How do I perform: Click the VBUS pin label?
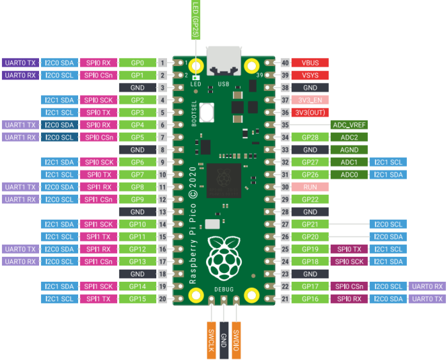310,63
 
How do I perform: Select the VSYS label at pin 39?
310,76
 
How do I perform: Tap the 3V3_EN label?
310,100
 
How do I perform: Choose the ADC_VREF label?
349,125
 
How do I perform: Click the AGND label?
349,150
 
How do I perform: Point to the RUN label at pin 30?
310,187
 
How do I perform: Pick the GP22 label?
310,200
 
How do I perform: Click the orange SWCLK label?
211,340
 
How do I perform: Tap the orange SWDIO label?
236,340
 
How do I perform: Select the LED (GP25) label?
196,20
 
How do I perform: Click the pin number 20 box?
162,299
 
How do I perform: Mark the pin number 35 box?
285,125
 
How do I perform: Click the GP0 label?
137,63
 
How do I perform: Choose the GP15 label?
137,299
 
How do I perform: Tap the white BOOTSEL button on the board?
207,113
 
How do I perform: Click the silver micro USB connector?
224,61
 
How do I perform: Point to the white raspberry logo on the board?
224,258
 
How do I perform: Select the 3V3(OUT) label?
310,113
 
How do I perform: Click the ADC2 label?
349,138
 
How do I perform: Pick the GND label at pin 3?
137,88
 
